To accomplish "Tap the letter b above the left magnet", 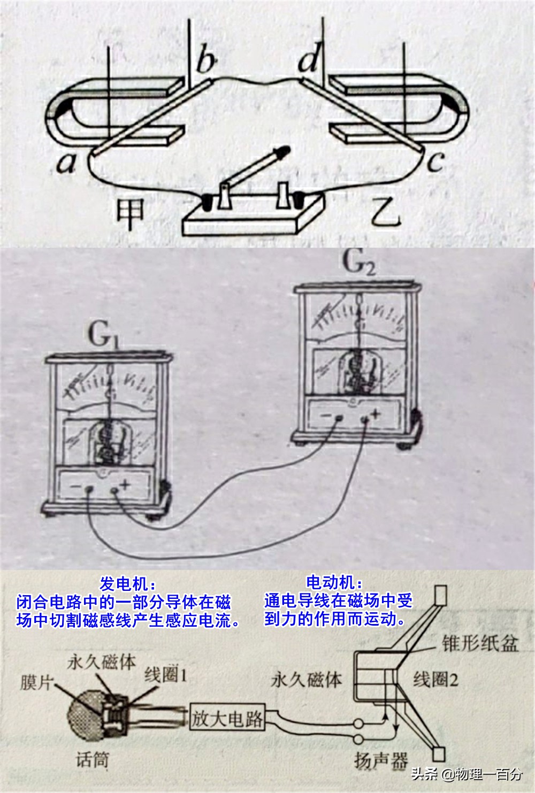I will point(206,60).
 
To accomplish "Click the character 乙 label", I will point(386,213).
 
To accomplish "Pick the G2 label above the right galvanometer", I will point(358,264).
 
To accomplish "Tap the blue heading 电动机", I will point(334,582).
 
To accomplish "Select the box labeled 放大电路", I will point(228,718).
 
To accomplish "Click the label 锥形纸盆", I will point(480,643).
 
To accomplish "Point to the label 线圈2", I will point(435,680).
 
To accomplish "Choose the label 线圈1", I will point(166,675).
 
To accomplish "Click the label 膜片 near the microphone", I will point(37,683).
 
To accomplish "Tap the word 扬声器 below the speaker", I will point(380,760).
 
